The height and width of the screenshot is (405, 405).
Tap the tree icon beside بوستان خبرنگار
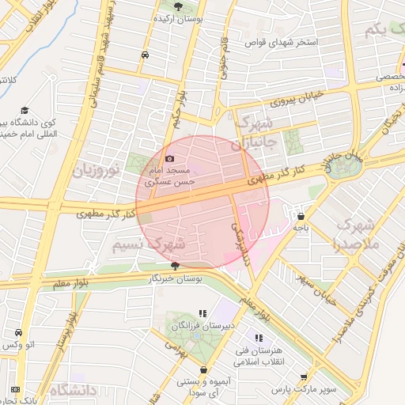175,267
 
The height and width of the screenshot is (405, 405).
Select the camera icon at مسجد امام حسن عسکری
169,159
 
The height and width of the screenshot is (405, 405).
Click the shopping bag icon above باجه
301,215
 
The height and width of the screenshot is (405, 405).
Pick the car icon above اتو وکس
18,333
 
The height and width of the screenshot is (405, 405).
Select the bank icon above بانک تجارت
17,388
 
